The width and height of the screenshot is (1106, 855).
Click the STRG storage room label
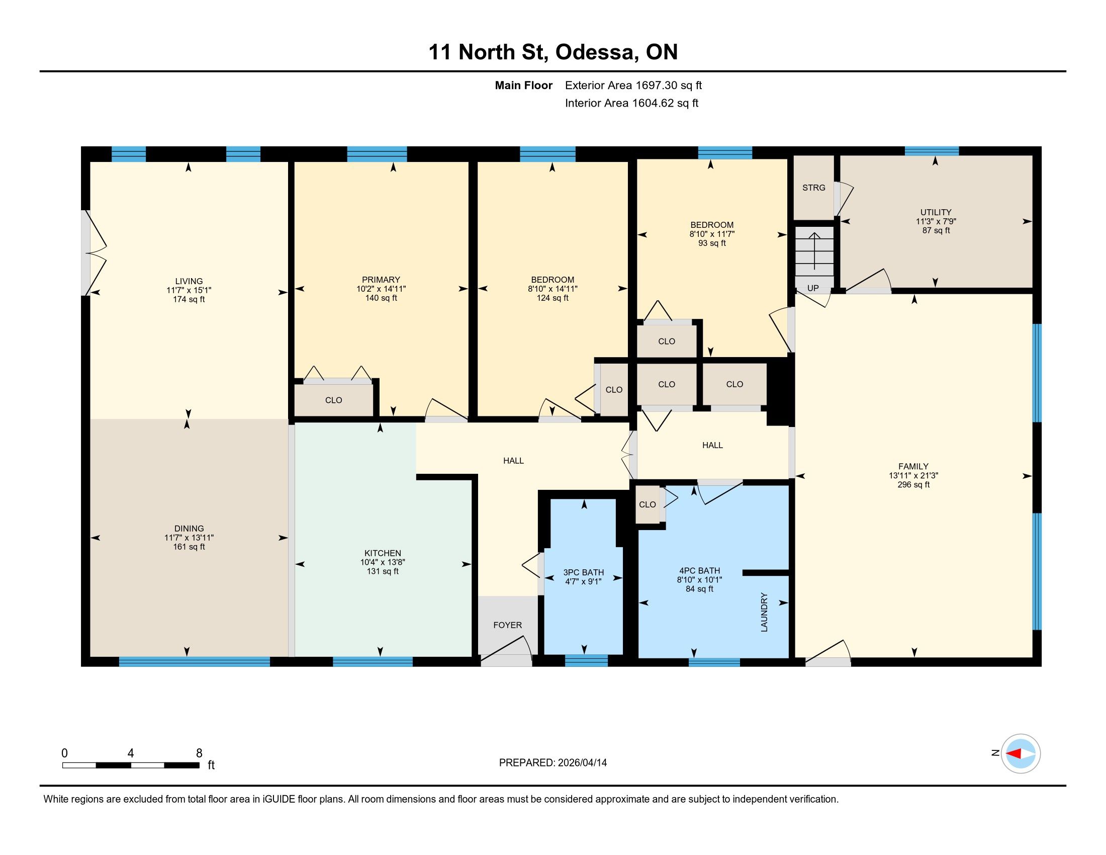point(813,188)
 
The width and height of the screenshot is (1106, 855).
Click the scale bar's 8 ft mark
point(199,753)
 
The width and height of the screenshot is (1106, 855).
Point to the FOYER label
point(507,625)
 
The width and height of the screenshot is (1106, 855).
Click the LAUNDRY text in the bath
point(764,613)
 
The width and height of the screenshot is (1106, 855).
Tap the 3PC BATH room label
point(583,572)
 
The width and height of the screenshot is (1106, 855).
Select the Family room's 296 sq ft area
point(913,485)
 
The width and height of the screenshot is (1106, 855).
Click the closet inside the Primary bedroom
point(334,400)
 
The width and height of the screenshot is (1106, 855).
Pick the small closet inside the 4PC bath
point(648,504)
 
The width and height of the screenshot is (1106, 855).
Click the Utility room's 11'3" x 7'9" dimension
point(936,221)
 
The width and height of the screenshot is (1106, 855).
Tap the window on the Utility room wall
point(932,151)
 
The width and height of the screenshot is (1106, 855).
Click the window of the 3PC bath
point(586,660)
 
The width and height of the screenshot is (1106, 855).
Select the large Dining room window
point(195,661)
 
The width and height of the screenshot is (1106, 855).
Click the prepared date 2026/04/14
point(581,763)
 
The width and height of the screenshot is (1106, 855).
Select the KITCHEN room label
point(383,553)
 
